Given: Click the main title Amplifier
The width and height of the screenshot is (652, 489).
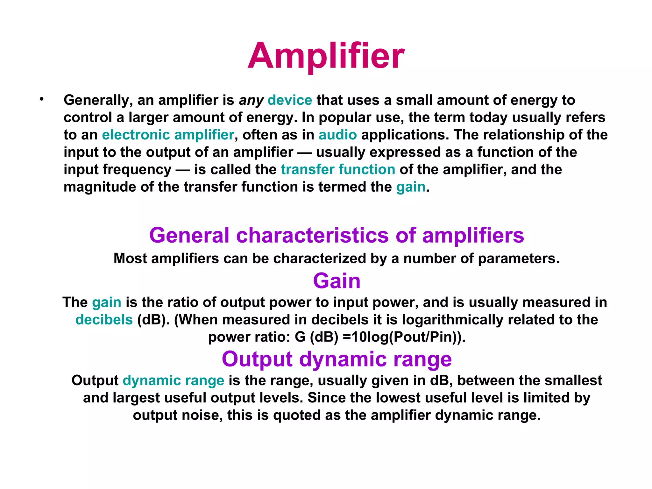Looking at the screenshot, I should tap(326, 56).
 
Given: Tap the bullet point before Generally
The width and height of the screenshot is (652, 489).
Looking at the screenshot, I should tap(41, 99).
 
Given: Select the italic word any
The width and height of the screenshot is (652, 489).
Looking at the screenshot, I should tap(251, 101).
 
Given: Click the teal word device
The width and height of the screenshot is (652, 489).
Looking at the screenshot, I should tap(290, 100).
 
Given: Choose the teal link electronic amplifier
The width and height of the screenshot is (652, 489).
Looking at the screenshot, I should tap(168, 135).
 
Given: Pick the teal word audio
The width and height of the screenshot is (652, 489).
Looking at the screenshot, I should tap(337, 135).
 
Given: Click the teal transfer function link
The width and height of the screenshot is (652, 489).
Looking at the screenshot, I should tap(338, 169).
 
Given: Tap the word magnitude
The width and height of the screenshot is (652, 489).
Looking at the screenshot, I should tap(100, 187).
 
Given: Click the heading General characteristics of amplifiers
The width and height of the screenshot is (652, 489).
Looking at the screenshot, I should tap(337, 235).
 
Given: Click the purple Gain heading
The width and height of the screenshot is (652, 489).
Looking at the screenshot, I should tap(337, 281).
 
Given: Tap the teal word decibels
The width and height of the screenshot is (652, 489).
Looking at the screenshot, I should tap(104, 320).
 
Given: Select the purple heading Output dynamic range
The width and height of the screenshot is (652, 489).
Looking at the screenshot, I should tap(337, 359).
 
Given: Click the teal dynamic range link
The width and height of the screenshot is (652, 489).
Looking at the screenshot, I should tap(174, 380).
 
